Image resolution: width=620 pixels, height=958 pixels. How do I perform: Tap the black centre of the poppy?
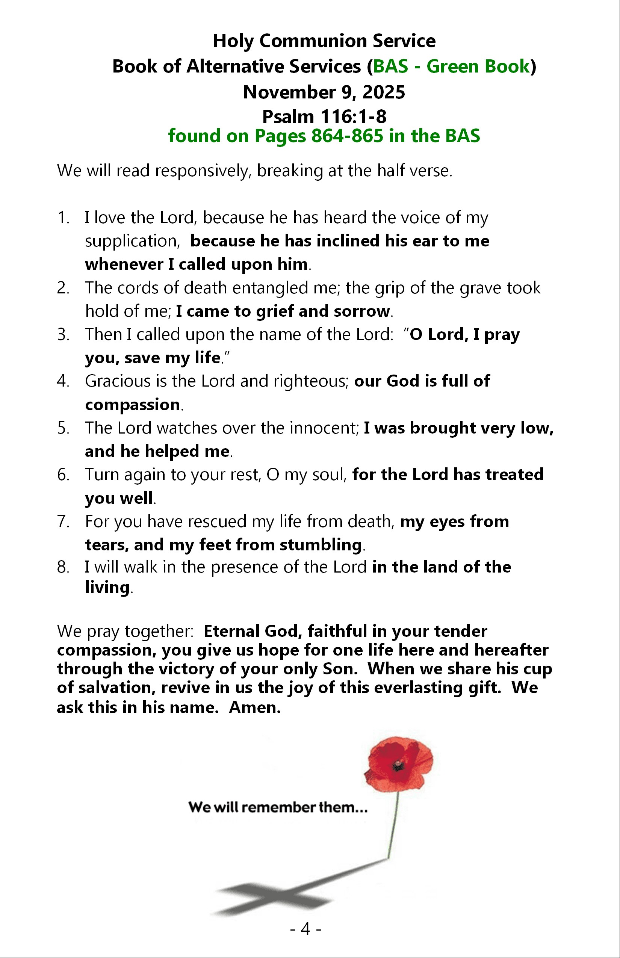(x=398, y=763)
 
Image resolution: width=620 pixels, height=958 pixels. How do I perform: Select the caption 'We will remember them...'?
(x=278, y=807)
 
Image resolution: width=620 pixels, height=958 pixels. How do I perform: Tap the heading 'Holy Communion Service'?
(x=324, y=41)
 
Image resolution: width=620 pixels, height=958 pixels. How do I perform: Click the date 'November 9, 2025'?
(x=324, y=92)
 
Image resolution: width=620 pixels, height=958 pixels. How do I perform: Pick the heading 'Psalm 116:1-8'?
(x=324, y=117)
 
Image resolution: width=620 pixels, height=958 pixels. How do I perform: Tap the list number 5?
(x=63, y=428)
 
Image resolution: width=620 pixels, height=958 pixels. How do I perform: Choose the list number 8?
(x=63, y=567)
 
